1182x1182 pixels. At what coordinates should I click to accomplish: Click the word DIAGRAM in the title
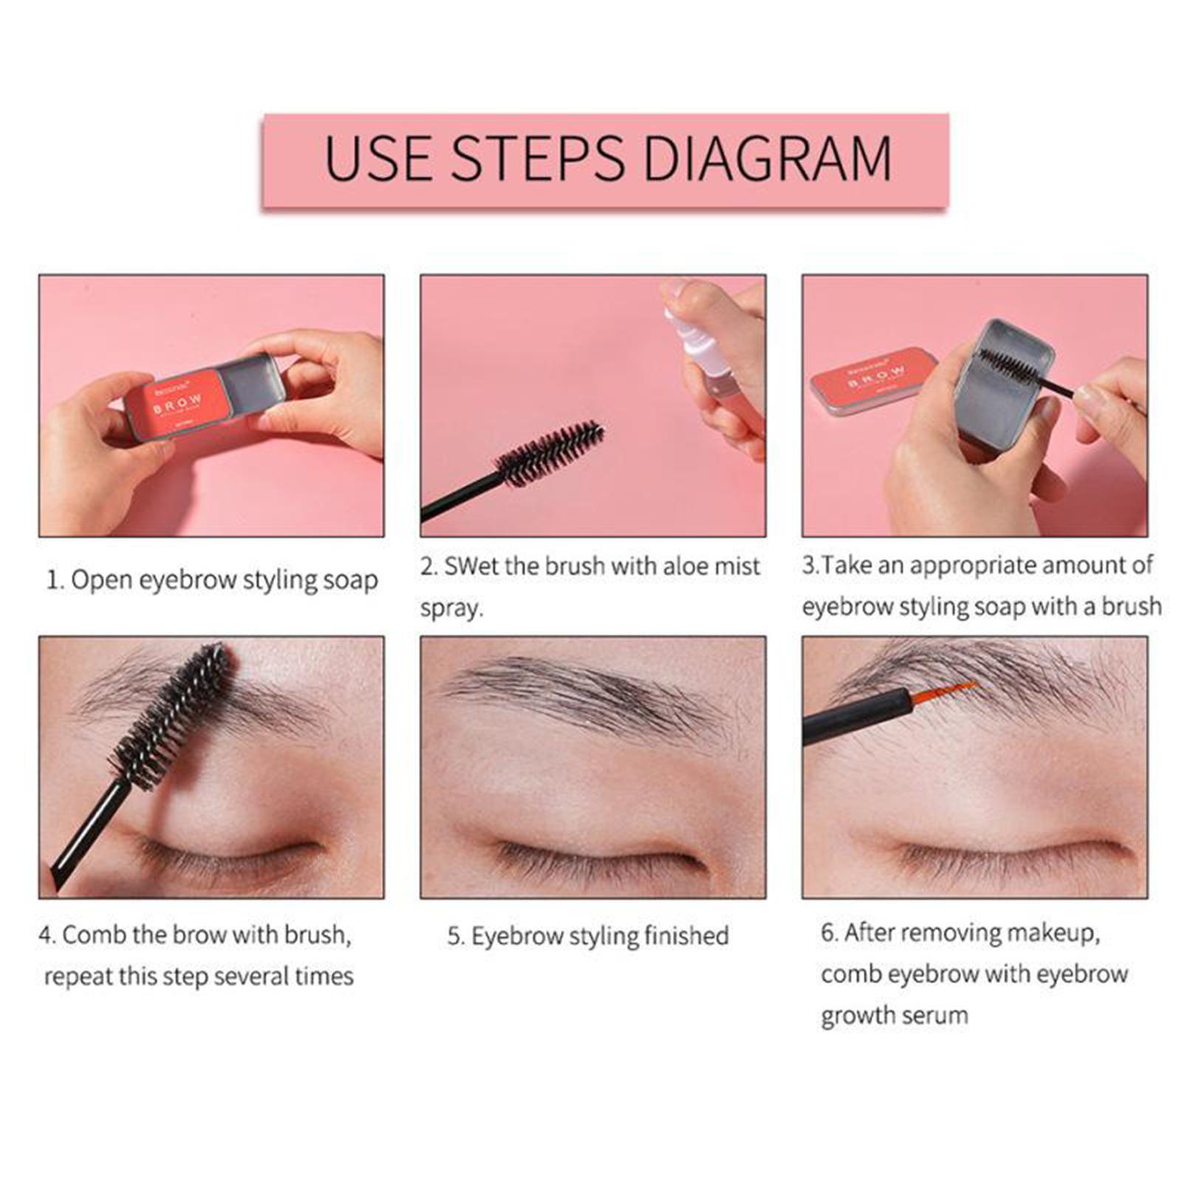pyautogui.click(x=768, y=158)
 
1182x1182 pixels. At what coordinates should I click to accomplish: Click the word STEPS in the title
pyautogui.click(x=539, y=158)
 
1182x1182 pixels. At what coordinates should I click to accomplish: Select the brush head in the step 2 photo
pyautogui.click(x=550, y=452)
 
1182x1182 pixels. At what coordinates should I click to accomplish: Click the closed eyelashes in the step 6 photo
pyautogui.click(x=1012, y=857)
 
